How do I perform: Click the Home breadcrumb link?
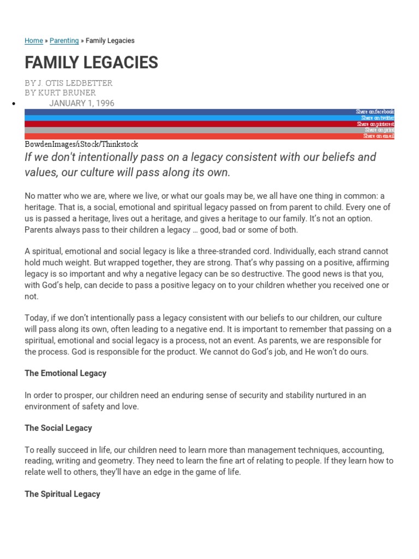coord(34,40)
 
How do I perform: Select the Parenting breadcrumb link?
coord(64,40)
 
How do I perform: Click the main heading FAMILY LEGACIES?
coord(91,63)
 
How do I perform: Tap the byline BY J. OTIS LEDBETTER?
coord(68,83)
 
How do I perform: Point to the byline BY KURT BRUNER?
coord(60,93)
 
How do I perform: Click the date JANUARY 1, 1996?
coord(82,103)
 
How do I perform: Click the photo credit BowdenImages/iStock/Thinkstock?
coord(81,144)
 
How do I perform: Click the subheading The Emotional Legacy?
coord(65,373)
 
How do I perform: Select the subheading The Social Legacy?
coord(58,428)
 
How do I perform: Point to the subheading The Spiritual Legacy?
coord(62,494)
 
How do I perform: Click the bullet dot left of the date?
coord(13,104)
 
